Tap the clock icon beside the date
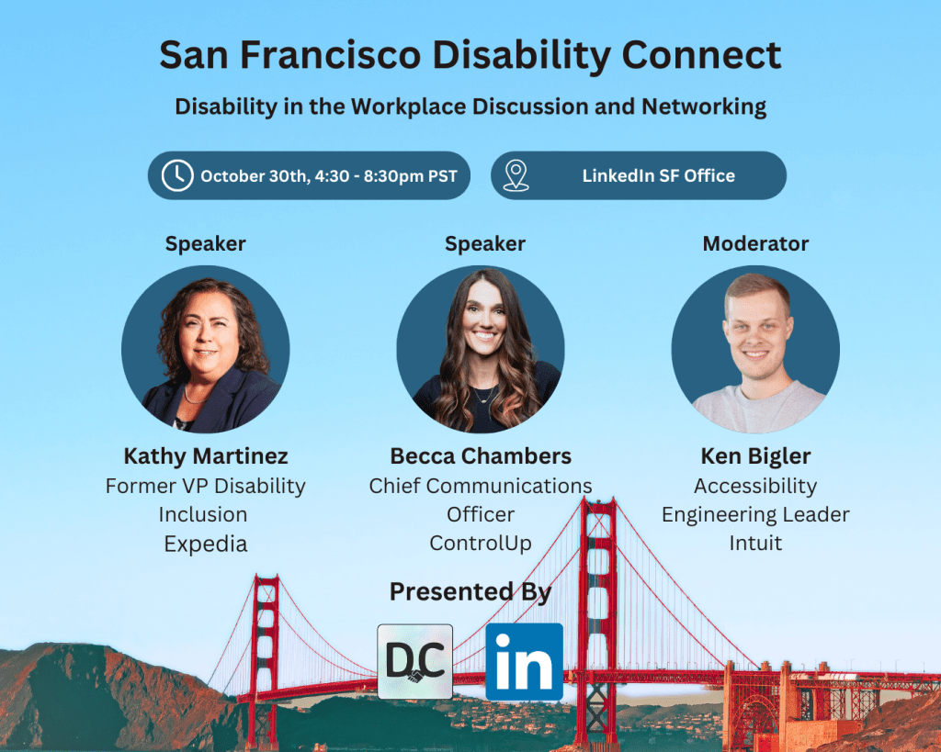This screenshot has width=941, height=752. click(x=177, y=175)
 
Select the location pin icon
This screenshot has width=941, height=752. click(x=516, y=175)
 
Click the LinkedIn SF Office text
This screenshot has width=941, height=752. click(x=658, y=175)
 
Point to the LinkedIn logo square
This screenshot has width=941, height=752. click(x=524, y=662)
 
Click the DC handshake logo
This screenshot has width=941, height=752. click(x=415, y=662)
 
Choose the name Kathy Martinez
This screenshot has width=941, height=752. click(x=206, y=456)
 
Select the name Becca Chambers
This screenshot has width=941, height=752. click(x=481, y=456)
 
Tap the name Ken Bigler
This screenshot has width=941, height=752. click(x=755, y=456)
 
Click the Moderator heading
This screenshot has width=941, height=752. click(x=755, y=244)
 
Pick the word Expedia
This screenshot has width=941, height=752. click(x=206, y=544)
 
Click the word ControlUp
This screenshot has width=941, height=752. click(x=481, y=544)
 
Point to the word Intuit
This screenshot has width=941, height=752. click(x=755, y=544)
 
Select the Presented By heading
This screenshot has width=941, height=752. click(x=470, y=592)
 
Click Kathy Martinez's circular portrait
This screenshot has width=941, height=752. click(x=206, y=349)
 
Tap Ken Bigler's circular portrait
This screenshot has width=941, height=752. click(x=755, y=349)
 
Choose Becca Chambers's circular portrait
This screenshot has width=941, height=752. click(x=481, y=349)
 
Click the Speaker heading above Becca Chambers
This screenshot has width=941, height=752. click(x=485, y=244)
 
